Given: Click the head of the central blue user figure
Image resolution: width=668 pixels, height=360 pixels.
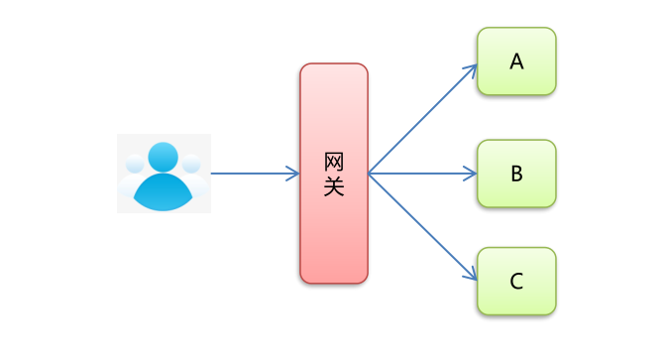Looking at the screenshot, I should point(164,157).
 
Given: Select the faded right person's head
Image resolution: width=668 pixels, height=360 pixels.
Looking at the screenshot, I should point(191,164).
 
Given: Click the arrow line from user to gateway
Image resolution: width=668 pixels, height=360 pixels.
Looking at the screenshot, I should point(253,174).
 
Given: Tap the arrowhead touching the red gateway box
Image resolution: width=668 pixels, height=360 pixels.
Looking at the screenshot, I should point(293,174).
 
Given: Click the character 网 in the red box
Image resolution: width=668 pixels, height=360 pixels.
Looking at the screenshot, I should point(334,162).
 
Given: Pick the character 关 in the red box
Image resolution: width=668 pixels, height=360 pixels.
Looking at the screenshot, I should point(334,185).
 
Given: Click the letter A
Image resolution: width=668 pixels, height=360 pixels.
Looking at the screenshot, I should point(516,61).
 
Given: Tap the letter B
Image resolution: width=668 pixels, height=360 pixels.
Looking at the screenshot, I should point(516,174).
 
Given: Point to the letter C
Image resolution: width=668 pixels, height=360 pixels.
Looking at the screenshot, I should point(516,282).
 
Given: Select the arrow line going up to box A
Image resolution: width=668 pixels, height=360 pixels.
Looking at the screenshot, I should point(421,120).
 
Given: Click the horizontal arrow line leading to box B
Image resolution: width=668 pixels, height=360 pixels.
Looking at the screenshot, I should point(421,174).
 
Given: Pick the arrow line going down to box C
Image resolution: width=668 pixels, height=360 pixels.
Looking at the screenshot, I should point(421,227).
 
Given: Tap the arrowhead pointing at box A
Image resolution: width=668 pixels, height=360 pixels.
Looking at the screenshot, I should point(473,68).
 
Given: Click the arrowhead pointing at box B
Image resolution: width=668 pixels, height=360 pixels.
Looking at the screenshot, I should point(472,174).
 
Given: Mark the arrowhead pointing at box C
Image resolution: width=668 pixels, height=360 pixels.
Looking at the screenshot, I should point(473,279).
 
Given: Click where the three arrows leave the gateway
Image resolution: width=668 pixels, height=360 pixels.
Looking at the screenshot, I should point(369,174).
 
